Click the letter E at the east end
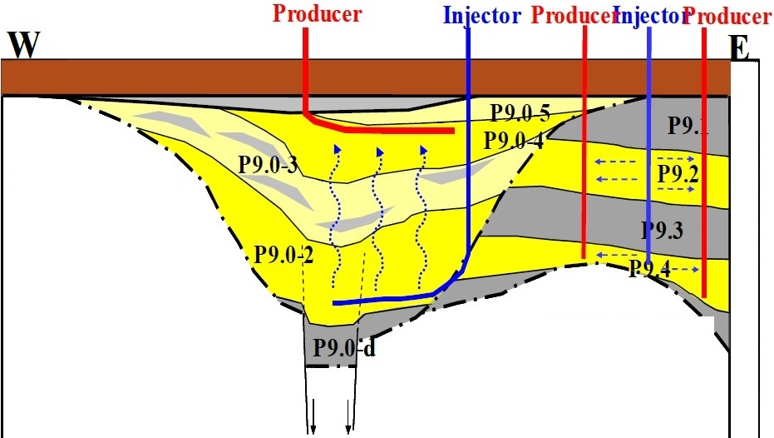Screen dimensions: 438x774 (740, 50)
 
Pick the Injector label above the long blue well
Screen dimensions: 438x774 (481, 15)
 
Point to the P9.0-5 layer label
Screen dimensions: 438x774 (519, 112)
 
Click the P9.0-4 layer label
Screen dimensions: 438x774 (513, 140)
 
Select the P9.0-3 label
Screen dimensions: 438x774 (269, 162)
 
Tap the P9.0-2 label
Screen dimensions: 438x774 (283, 254)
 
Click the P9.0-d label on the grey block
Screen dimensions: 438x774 (344, 347)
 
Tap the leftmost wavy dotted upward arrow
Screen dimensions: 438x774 (336, 217)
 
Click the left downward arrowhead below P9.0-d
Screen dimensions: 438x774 (314, 429)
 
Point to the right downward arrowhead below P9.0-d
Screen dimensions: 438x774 (348, 429)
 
